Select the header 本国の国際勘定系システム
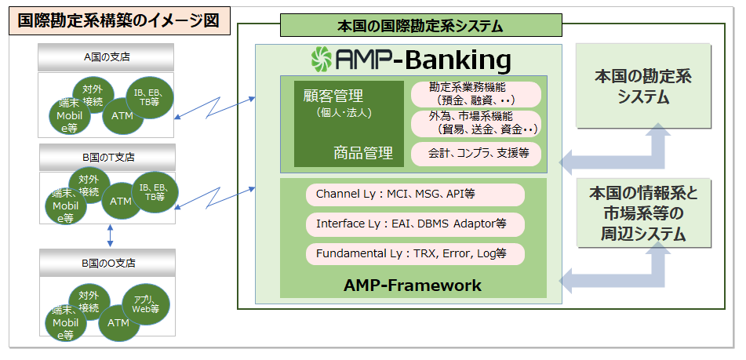[420, 26]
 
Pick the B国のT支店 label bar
[107, 157]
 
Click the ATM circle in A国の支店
[122, 116]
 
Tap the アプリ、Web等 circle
[146, 304]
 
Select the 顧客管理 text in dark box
[333, 96]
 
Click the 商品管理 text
[362, 153]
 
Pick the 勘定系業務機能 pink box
[476, 93]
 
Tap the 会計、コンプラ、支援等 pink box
[476, 154]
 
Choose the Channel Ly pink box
[415, 195]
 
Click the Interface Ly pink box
[415, 224]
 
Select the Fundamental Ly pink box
[415, 254]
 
